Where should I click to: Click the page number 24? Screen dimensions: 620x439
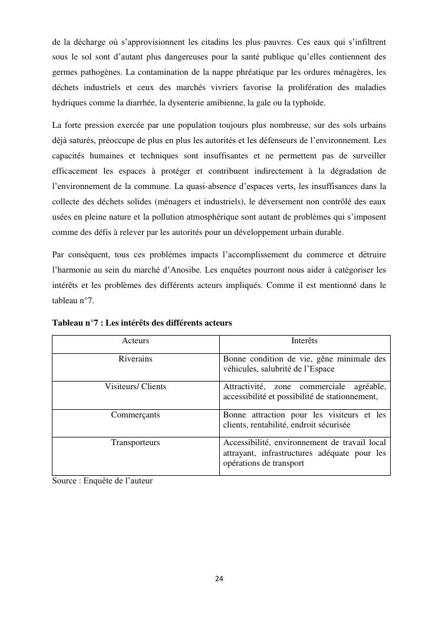tap(219, 579)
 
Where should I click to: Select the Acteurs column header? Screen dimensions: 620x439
tap(136, 341)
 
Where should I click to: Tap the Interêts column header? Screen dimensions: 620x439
tap(305, 341)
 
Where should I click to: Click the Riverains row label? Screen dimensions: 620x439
tap(136, 359)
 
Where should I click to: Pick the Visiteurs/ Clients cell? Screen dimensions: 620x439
tap(136, 387)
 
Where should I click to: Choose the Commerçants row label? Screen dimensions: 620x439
tap(136, 415)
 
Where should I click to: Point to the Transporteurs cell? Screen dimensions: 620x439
tap(136, 443)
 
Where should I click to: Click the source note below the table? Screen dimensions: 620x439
tap(102, 480)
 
